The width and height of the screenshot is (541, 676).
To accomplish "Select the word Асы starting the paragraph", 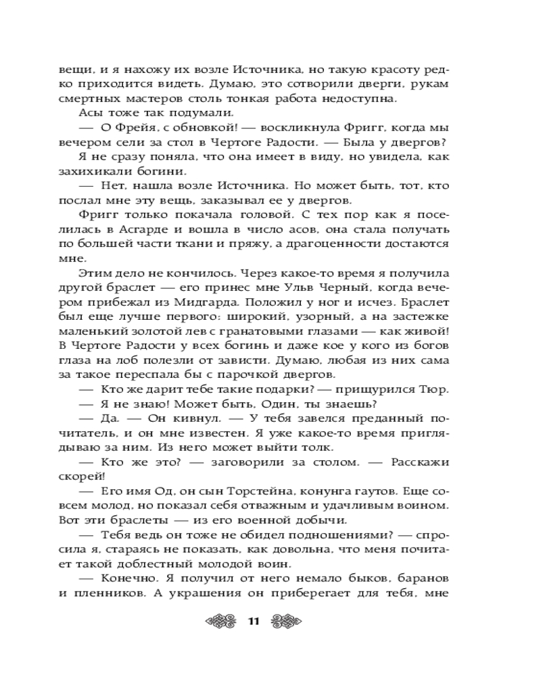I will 92,112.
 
